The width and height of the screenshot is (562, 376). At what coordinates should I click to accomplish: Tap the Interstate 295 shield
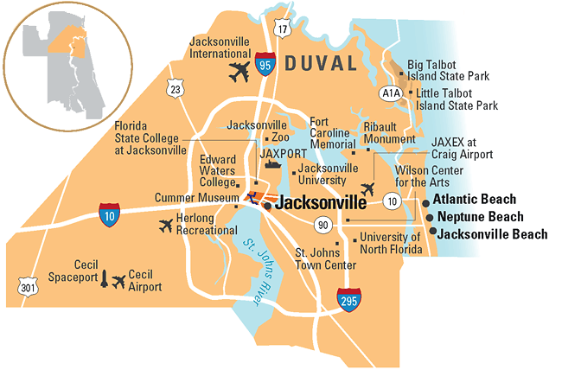point(349,300)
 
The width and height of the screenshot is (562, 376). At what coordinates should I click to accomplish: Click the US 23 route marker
point(176,88)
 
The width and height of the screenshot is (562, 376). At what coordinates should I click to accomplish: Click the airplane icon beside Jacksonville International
point(239,73)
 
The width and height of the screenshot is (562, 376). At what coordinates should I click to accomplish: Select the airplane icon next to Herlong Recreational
point(166,226)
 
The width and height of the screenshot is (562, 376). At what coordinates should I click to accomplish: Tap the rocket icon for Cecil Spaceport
point(105,280)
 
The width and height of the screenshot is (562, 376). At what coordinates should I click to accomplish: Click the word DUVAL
point(322,63)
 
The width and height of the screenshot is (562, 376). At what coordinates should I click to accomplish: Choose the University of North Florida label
point(390,243)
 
